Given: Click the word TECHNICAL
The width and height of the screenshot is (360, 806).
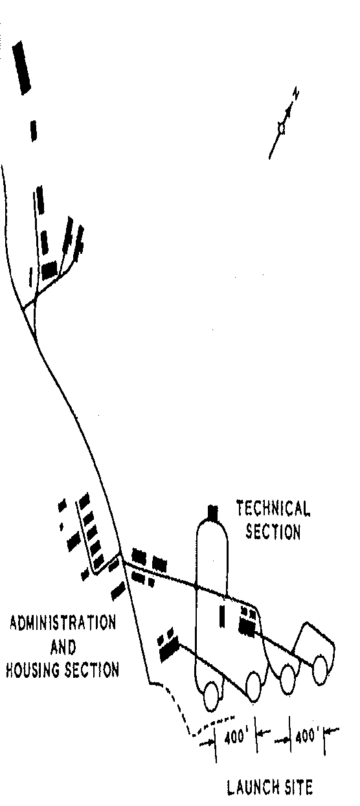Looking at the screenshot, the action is (x=273, y=508).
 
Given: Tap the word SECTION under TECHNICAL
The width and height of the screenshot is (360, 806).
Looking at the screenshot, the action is (x=273, y=531).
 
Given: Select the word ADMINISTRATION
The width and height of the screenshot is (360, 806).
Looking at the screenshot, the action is (x=63, y=623).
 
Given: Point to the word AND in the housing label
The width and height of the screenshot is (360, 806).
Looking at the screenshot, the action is (x=63, y=647).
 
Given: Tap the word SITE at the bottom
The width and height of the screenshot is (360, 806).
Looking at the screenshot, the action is (x=298, y=787).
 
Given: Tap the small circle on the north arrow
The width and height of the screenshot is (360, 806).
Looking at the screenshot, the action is (x=282, y=128).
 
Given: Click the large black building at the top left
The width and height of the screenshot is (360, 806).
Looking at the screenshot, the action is (x=22, y=67).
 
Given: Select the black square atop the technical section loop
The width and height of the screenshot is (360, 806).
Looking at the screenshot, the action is (x=213, y=512).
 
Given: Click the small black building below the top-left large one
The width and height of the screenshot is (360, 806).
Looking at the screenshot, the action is (x=34, y=131).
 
